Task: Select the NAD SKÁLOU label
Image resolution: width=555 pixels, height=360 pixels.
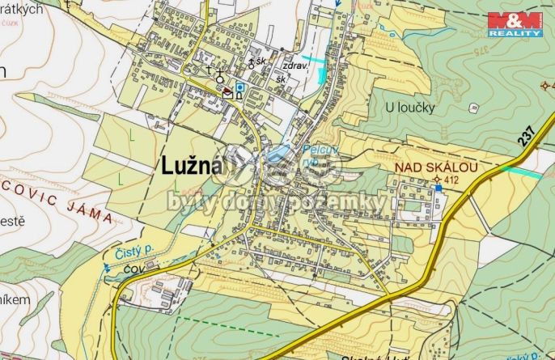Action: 436,167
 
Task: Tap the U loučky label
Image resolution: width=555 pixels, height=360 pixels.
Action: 410,107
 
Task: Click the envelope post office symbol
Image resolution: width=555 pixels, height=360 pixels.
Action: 228,94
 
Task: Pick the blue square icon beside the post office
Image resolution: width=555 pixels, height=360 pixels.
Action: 239,87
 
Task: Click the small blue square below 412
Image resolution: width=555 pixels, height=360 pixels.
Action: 438,188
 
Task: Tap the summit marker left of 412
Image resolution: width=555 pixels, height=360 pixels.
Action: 438,179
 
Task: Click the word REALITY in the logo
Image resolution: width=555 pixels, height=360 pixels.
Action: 526,33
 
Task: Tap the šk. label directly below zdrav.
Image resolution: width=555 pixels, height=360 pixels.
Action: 282,79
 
